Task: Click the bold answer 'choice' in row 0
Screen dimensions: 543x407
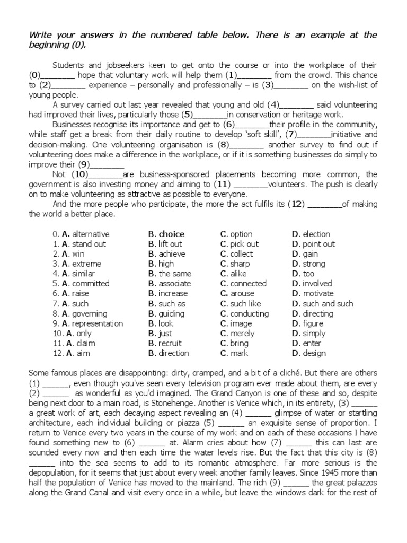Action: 172,234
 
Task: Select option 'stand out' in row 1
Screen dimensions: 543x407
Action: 89,244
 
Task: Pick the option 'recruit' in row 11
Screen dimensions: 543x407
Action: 170,344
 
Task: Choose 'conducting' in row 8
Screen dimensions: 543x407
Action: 249,314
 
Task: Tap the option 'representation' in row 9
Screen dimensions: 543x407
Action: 97,324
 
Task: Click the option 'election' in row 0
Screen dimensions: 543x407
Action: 316,234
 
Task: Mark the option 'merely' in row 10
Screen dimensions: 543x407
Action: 242,334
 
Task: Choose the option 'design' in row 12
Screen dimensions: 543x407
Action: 314,354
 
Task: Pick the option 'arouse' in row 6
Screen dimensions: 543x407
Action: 242,294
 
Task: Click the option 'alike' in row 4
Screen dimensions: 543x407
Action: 238,274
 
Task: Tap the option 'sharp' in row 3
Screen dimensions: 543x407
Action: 240,264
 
